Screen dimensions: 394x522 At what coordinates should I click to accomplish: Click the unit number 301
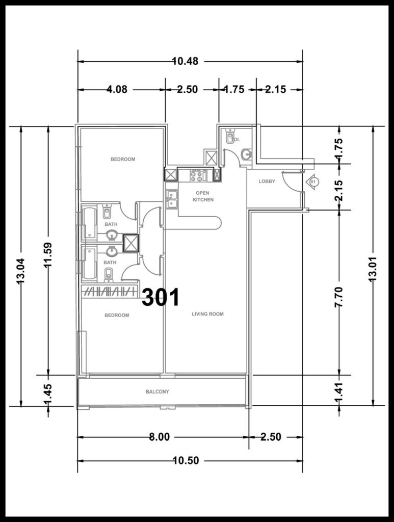coord(161,297)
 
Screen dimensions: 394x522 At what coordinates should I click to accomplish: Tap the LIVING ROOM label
coord(207,314)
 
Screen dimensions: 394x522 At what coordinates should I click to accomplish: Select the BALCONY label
coord(157,392)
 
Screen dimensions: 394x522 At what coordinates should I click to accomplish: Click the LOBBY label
coord(267,181)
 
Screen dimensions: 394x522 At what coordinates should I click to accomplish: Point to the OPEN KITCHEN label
coord(203,196)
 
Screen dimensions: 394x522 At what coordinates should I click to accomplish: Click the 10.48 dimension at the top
coord(186,61)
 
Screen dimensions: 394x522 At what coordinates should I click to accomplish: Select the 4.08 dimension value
coord(117,90)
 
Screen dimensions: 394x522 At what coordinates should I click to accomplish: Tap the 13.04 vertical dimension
coord(20,271)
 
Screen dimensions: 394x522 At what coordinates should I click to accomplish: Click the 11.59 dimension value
coord(48,255)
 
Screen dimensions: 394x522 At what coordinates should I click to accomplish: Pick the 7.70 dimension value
coord(338,297)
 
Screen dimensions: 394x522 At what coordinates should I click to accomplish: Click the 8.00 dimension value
coord(159,437)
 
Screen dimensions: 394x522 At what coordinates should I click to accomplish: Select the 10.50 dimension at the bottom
coord(186,461)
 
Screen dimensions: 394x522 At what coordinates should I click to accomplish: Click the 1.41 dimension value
coord(338,394)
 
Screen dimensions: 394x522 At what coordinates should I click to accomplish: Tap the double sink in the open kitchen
coord(172,199)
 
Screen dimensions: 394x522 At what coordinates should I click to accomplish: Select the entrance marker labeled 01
coord(312,182)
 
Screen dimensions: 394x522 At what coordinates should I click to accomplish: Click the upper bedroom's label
coord(123,159)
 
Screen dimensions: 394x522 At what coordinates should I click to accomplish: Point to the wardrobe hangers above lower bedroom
coord(109,292)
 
